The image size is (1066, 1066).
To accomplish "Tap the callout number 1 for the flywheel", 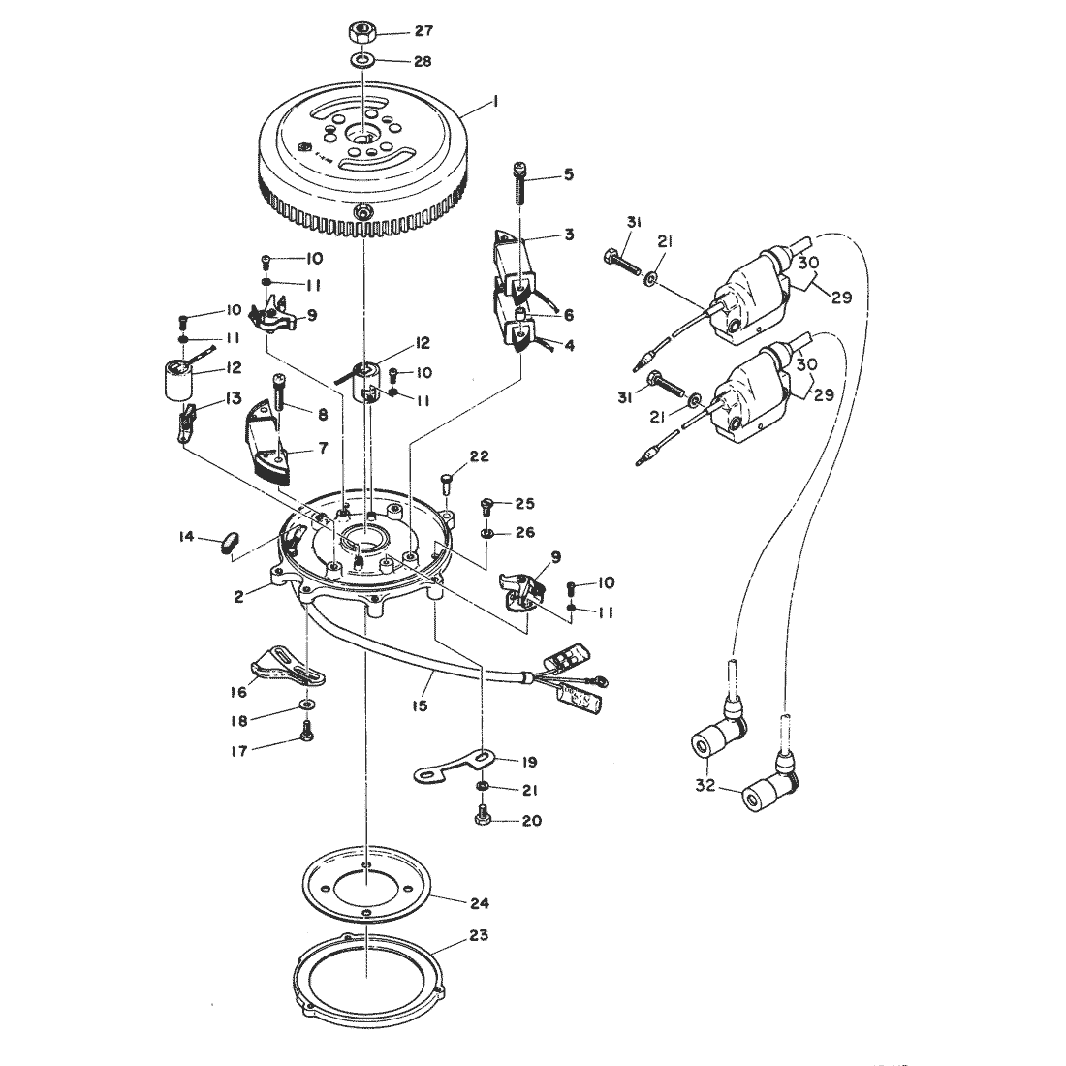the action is coord(495,102).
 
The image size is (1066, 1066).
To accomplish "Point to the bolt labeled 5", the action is coord(520,182).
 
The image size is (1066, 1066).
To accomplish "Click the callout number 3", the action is coord(569,235).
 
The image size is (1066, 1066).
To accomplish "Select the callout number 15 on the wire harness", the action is coord(421,705).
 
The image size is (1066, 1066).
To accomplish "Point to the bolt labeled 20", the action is coord(482,814).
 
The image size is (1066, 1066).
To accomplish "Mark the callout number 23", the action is coord(479,935).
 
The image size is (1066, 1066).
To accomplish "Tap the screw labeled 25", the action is coord(486,505).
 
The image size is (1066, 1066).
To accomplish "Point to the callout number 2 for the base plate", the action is coord(238,598).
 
